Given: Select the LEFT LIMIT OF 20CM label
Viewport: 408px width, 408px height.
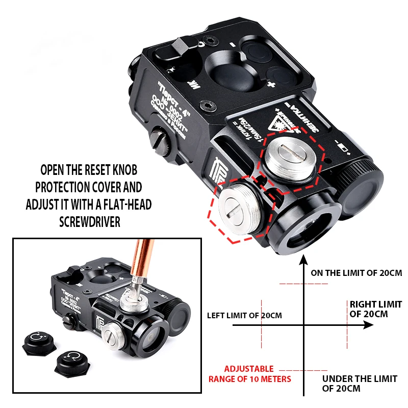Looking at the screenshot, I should [x=244, y=316].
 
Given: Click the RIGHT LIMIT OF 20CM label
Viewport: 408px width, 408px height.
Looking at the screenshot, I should [x=375, y=309].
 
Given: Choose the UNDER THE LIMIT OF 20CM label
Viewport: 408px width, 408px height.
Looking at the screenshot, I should [x=359, y=384].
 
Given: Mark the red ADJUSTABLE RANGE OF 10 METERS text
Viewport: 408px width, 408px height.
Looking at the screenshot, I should [x=250, y=374].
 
